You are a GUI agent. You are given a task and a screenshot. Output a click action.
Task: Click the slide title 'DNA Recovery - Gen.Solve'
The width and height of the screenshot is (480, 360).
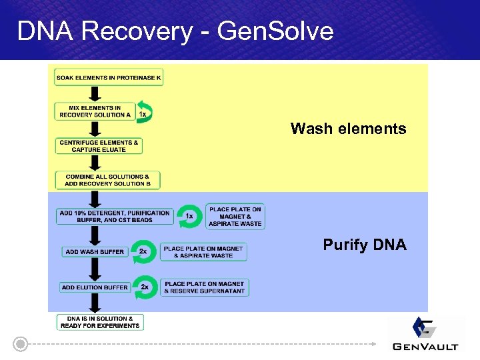(x=175, y=31)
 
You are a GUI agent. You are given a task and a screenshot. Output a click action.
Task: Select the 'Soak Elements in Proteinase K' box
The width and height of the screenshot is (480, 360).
(x=109, y=77)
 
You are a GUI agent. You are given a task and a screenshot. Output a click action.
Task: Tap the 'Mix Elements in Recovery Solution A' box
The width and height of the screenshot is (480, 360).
(x=95, y=111)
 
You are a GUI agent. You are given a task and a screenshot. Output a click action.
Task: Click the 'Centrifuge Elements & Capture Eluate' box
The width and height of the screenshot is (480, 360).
(x=99, y=146)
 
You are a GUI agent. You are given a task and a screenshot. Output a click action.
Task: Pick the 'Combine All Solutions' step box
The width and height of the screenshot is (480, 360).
(x=107, y=180)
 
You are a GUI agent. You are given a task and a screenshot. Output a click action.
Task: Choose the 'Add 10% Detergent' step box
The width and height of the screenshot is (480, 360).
(x=115, y=216)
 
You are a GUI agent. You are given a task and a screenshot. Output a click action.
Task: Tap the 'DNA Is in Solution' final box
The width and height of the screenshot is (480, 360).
(x=99, y=322)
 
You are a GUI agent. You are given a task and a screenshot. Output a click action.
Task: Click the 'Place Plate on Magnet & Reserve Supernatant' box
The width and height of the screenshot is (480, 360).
(x=205, y=287)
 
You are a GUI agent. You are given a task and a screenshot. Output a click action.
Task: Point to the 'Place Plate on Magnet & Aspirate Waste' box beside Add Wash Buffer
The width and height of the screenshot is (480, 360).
(x=203, y=252)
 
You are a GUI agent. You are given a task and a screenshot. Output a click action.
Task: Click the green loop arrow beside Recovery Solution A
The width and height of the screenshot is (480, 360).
(x=145, y=111)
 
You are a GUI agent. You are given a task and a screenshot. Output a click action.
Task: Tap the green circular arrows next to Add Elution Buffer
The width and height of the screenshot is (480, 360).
(x=145, y=287)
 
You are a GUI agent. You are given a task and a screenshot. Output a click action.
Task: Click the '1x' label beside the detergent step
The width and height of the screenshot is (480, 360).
(x=190, y=216)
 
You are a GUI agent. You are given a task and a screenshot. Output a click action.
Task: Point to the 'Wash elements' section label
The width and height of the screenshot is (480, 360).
(x=348, y=129)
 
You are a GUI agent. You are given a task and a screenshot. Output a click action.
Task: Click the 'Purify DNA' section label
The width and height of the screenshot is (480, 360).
(x=364, y=245)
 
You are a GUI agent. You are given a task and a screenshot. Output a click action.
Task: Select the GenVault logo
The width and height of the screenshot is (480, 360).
(x=425, y=333)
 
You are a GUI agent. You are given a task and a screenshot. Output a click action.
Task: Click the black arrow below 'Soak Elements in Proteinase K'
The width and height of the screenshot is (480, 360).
(x=95, y=93)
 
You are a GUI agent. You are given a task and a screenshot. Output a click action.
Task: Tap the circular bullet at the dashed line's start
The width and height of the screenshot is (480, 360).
(x=21, y=345)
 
